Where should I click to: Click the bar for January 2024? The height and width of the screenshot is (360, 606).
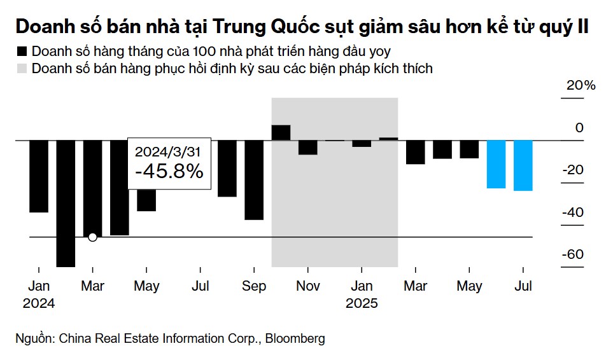[x=39, y=176]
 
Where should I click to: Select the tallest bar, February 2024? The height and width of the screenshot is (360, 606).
[x=66, y=204]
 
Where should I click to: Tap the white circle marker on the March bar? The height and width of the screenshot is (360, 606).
[x=92, y=237]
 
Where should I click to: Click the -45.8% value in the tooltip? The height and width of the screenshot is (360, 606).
[x=169, y=172]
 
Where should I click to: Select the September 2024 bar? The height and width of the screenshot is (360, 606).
[x=254, y=180]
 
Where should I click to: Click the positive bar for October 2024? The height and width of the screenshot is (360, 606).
[x=281, y=132]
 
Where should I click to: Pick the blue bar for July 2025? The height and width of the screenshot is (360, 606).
[x=523, y=165]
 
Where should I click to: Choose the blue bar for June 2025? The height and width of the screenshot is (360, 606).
[x=497, y=164]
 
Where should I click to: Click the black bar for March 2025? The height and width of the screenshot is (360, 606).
[x=416, y=152]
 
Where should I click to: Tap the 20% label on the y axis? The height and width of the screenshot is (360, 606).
[x=581, y=86]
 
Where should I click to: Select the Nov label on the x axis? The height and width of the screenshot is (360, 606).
[x=308, y=286]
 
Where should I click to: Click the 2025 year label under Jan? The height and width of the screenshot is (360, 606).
[x=362, y=303]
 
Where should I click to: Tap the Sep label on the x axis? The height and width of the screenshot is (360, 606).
[x=254, y=286]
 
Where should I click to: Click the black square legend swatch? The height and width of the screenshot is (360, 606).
[x=23, y=51]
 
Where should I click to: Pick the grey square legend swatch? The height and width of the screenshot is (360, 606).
[x=23, y=69]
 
